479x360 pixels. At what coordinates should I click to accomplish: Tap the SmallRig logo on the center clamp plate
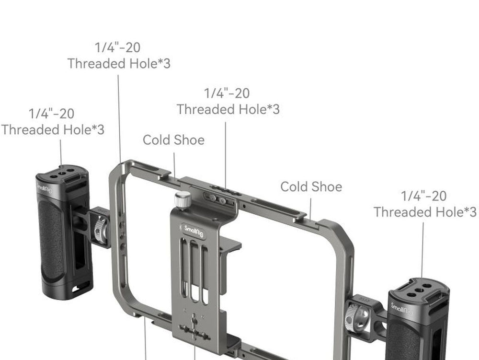coord(194,231)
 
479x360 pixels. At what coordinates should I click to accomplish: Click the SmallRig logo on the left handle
coord(45,188)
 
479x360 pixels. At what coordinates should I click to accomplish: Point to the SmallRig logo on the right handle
coord(402,309)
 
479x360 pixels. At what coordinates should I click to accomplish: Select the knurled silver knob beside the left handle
coord(101,228)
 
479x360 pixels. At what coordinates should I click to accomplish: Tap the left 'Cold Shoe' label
coord(173,140)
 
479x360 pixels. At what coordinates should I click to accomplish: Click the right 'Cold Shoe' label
coord(311,187)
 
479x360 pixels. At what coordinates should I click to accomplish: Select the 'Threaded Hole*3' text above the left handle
coord(53,129)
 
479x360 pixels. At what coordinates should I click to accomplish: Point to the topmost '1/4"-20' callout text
coord(118,47)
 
